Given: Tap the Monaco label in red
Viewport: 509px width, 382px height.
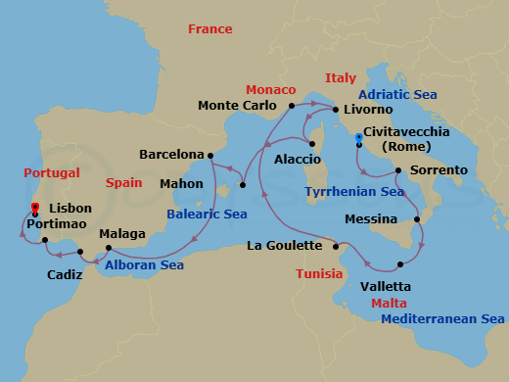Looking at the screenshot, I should click(x=270, y=88).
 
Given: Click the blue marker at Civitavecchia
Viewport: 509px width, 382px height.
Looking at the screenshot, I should click(x=359, y=138).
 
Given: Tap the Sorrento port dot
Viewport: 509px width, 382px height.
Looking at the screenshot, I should click(x=398, y=170).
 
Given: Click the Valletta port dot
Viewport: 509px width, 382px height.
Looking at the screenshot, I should click(x=400, y=264).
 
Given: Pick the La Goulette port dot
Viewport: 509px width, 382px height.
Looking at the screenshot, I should click(x=334, y=246).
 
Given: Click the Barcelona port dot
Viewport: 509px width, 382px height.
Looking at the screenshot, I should click(x=210, y=155).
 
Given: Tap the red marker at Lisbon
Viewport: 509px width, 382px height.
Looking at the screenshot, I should click(x=35, y=207).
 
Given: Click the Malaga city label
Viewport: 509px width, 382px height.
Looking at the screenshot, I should click(x=122, y=234).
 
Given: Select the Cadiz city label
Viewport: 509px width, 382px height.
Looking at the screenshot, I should click(x=65, y=275).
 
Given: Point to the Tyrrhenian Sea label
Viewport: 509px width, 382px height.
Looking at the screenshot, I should click(x=354, y=192).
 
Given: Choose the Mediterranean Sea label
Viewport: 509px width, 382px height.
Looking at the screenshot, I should click(x=442, y=319).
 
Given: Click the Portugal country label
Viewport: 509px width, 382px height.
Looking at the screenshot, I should click(x=52, y=172).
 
